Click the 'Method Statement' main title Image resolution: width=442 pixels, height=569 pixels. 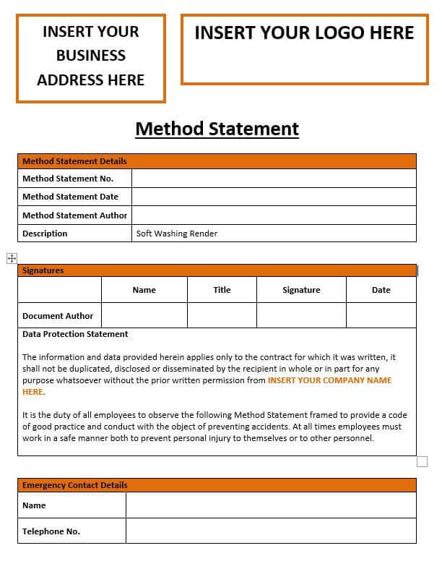click(217, 129)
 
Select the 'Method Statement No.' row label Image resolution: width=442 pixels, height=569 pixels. click(67, 179)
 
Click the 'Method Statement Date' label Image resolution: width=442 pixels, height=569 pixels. click(70, 197)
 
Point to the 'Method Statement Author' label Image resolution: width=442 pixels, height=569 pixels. click(74, 215)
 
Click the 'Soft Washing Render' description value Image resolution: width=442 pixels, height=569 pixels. click(177, 234)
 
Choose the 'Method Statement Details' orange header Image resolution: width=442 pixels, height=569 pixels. click(74, 161)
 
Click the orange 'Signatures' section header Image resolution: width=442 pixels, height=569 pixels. click(43, 270)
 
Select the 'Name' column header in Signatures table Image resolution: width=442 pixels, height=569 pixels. click(144, 290)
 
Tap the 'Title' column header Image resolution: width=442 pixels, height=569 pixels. click(222, 290)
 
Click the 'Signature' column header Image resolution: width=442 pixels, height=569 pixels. click(301, 290)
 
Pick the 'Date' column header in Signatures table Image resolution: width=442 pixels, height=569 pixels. click(381, 290)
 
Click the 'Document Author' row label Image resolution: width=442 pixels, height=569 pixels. click(58, 316)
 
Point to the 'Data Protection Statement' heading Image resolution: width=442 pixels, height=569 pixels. click(75, 334)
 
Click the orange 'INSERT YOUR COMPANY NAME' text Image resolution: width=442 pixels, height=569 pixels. click(329, 380)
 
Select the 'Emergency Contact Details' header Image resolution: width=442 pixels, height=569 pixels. click(74, 485)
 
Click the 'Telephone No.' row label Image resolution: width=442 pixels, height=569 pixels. click(51, 531)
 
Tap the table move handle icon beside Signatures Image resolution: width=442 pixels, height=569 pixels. click(12, 258)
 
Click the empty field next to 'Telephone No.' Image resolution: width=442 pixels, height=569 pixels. click(271, 531)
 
